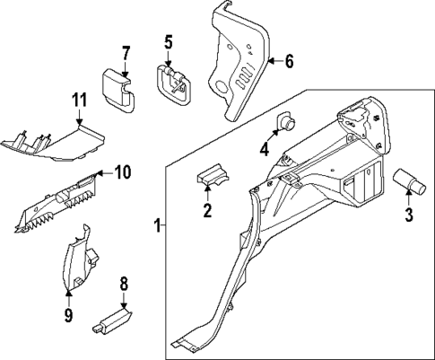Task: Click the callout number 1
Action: (x=158, y=224)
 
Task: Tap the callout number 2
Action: (x=207, y=211)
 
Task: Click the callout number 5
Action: (x=168, y=41)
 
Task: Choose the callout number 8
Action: (x=124, y=284)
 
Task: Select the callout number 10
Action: (x=123, y=171)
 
